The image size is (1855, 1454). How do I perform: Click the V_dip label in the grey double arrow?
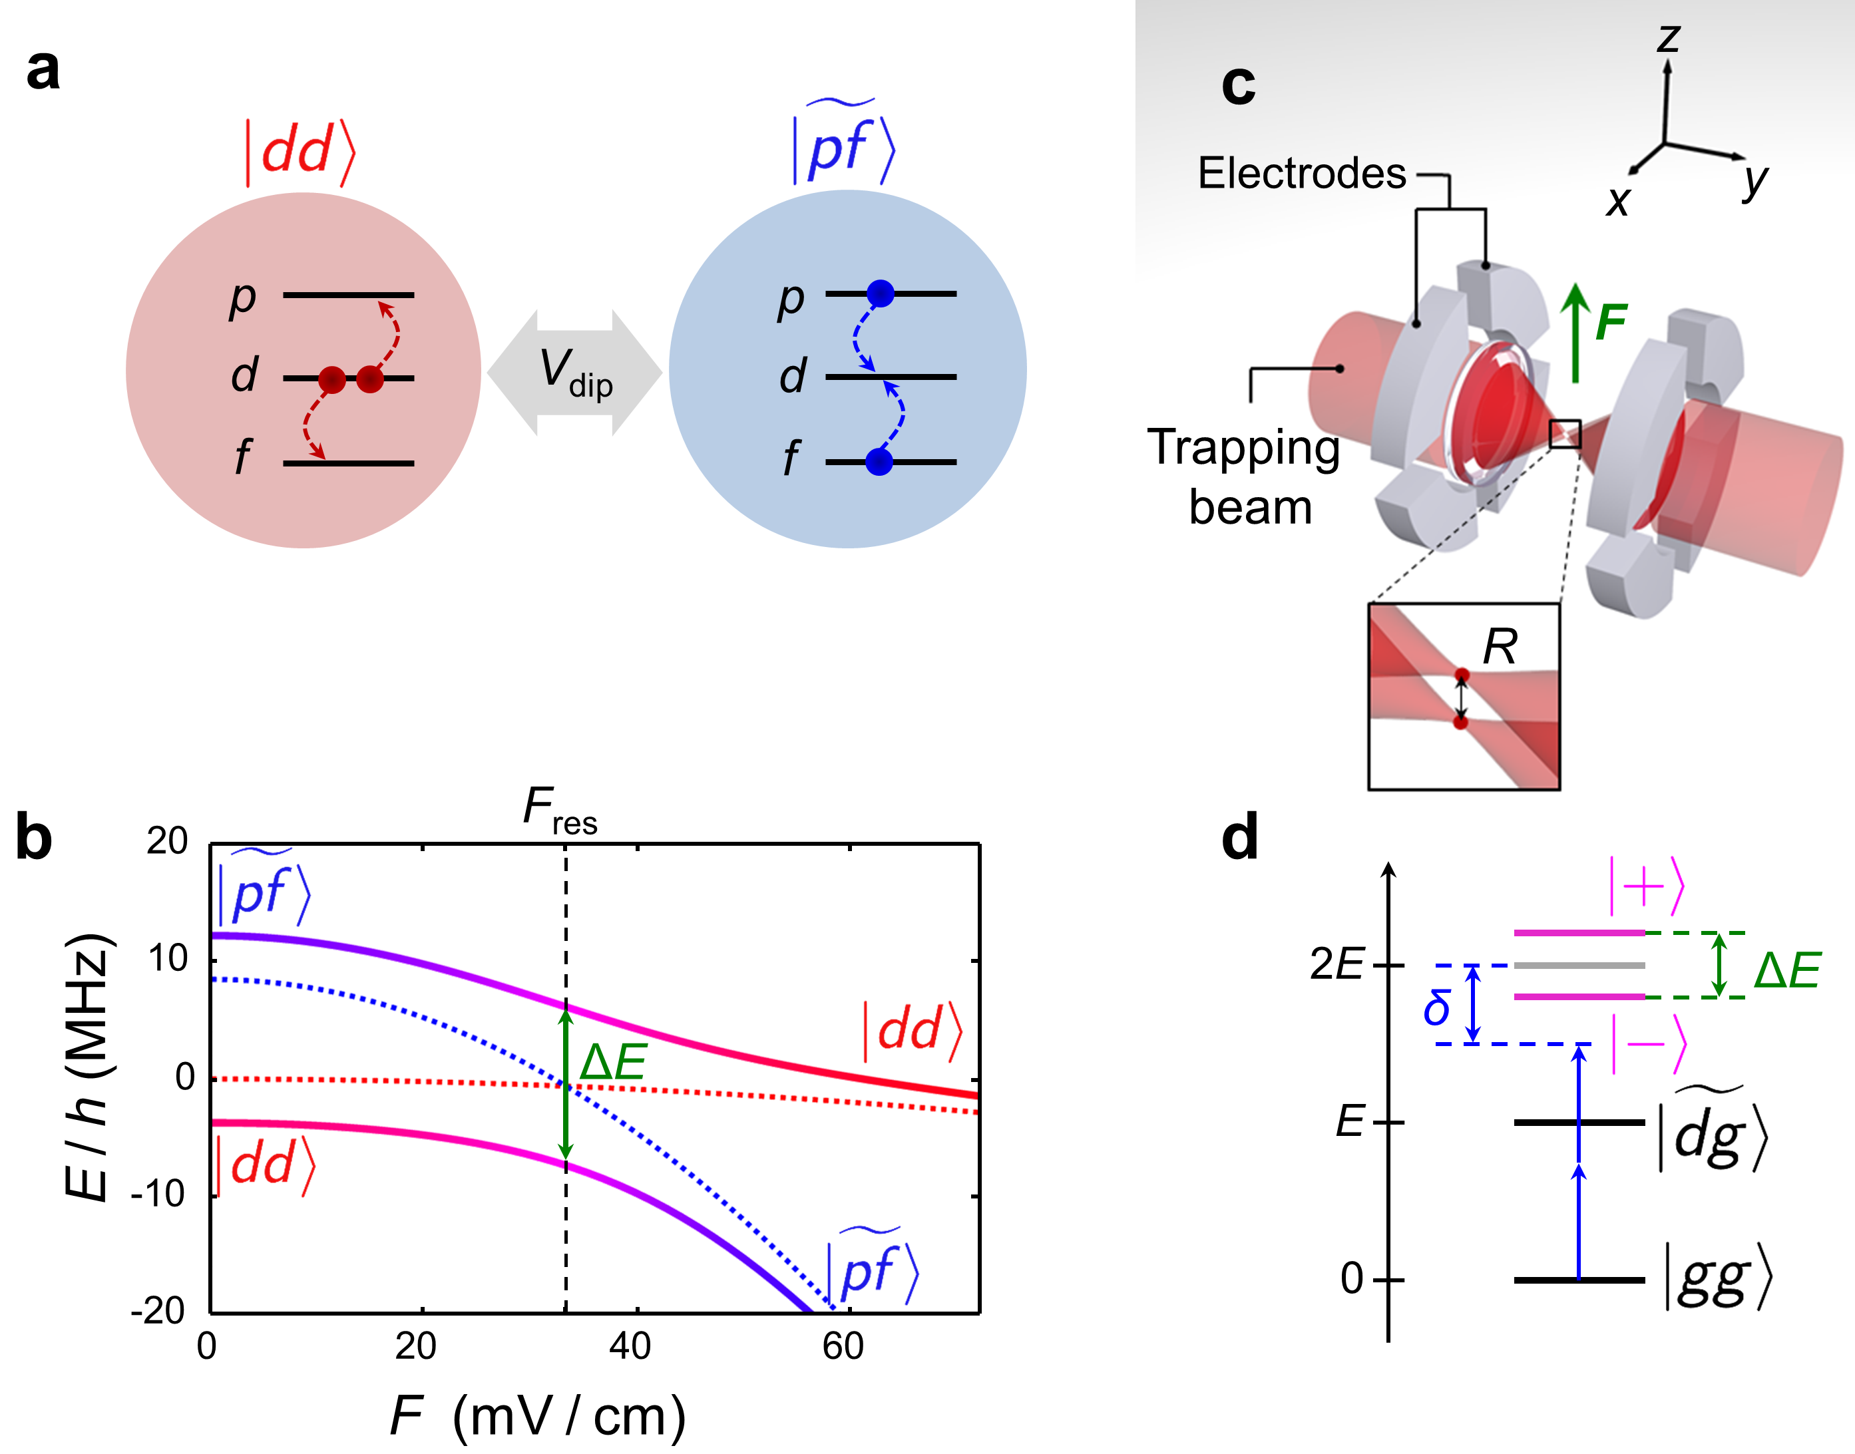pyautogui.click(x=576, y=373)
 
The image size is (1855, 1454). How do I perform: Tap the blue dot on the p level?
pyautogui.click(x=881, y=293)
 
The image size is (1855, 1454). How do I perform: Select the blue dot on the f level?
pyautogui.click(x=879, y=462)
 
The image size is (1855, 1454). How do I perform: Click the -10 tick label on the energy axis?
pyautogui.click(x=158, y=1194)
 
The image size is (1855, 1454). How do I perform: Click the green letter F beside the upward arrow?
pyautogui.click(x=1611, y=323)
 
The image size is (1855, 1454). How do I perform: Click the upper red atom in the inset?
pyautogui.click(x=1462, y=675)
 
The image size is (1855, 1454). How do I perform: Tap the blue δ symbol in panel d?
pyautogui.click(x=1437, y=1009)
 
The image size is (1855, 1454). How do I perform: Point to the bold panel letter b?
pyautogui.click(x=34, y=838)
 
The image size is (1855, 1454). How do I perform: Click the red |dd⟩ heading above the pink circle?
pyautogui.click(x=300, y=152)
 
